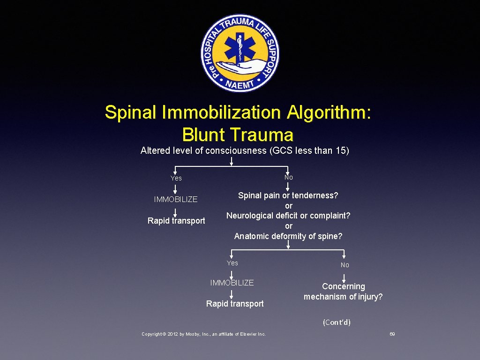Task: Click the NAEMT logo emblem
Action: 240,52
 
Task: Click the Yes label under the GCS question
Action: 176,178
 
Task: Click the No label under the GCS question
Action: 288,177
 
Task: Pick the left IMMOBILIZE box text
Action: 176,199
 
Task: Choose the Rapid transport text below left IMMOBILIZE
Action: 176,221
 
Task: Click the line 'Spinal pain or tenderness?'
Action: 288,195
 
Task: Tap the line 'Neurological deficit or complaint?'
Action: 288,216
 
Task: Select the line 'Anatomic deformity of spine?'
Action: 288,236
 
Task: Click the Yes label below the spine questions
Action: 232,263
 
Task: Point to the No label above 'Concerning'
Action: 345,265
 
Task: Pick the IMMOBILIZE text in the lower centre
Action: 232,283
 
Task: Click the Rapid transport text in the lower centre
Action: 235,304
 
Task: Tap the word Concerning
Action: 344,286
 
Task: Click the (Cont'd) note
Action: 337,322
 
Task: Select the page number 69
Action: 392,334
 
